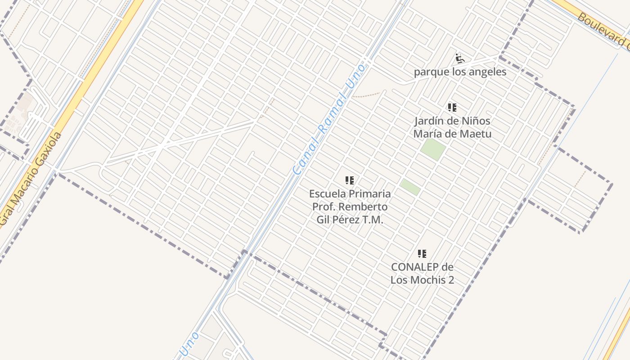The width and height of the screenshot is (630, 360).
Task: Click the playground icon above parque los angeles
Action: [459, 58]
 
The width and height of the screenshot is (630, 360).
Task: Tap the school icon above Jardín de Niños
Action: [452, 108]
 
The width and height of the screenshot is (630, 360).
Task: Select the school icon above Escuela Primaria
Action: [350, 180]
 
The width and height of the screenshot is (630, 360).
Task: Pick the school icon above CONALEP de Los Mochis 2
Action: [422, 254]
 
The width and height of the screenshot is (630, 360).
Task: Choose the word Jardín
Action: [431, 121]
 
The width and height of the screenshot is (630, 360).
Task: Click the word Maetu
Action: [477, 134]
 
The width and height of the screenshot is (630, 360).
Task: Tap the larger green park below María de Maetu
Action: [433, 149]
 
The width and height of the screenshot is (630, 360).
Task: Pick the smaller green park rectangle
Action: [410, 187]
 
